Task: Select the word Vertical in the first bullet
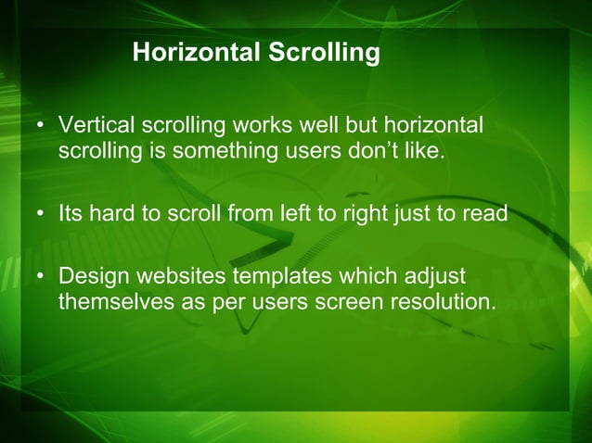(93, 125)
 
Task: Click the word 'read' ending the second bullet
(486, 214)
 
